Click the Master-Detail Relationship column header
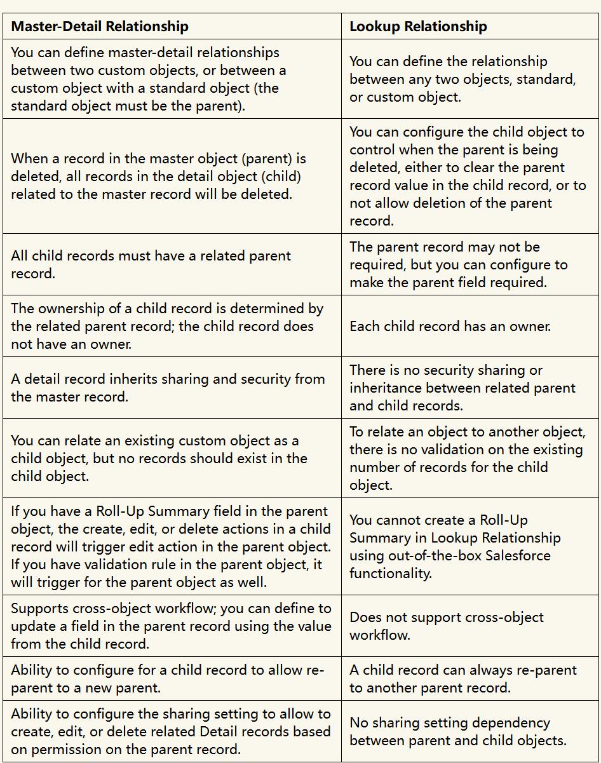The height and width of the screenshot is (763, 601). click(100, 27)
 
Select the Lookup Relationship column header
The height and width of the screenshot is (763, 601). click(418, 27)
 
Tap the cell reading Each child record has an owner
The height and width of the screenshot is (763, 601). click(450, 327)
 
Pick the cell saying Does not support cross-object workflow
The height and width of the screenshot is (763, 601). click(446, 626)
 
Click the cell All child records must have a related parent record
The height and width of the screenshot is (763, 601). click(151, 264)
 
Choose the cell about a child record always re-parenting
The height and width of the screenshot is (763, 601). click(454, 679)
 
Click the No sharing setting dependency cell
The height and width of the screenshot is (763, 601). click(449, 731)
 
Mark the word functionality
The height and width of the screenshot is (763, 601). click(390, 573)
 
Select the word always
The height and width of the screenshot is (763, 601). click(470, 670)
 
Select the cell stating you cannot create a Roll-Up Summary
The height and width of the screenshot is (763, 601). click(454, 546)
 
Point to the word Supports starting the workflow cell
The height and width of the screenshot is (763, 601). click(39, 609)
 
